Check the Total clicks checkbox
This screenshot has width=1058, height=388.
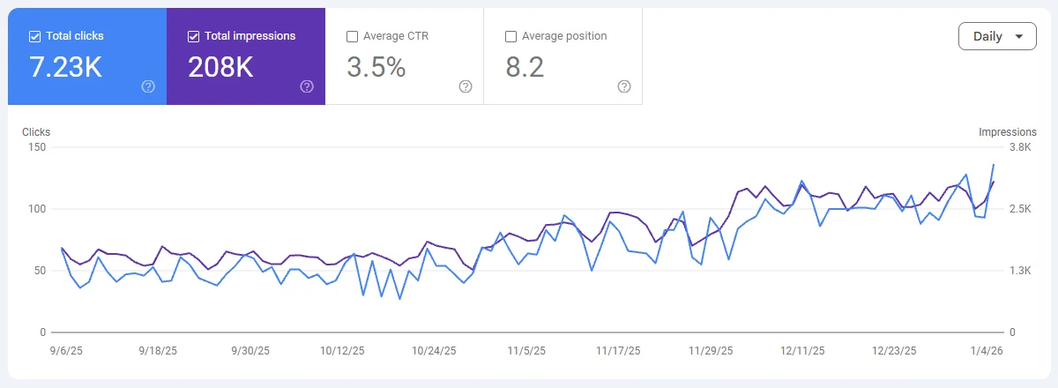35,36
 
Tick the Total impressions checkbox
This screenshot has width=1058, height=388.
194,36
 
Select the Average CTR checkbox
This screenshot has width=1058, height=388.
353,36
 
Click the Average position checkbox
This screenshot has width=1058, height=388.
510,36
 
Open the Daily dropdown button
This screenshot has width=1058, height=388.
997,36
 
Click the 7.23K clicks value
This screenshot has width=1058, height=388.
66,68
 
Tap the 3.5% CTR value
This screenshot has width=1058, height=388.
376,68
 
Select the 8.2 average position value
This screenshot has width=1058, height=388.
525,68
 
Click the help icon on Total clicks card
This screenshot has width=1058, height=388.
148,86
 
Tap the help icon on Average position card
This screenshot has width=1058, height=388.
624,86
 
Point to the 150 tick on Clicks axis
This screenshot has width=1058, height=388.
37,147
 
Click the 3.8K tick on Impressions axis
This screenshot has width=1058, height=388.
1020,147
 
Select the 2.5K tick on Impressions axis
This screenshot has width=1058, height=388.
1020,209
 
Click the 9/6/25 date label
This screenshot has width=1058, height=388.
67,350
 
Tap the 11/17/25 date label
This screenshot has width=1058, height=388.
619,350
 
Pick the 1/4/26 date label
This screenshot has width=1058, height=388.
987,350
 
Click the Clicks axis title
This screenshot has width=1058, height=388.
36,132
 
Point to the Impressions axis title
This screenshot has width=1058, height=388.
1008,132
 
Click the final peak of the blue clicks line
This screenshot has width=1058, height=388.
994,165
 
